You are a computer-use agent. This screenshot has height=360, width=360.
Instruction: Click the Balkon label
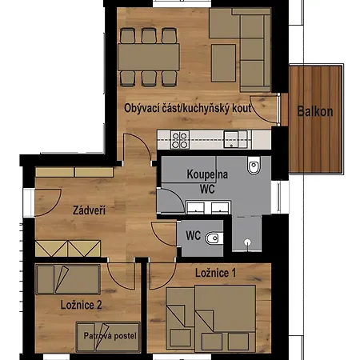(315, 111)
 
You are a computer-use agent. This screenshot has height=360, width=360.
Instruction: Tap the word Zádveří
(89, 210)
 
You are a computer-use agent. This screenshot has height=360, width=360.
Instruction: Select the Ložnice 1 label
(215, 273)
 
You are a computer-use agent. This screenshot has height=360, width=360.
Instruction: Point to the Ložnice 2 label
(81, 305)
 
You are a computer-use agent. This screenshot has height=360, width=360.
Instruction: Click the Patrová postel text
(110, 335)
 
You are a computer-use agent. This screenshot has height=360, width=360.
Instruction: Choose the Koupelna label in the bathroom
(207, 174)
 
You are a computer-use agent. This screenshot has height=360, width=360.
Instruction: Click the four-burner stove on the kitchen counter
(180, 140)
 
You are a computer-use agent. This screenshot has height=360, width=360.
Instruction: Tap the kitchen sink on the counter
(231, 139)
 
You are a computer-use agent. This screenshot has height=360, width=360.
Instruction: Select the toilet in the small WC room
(214, 238)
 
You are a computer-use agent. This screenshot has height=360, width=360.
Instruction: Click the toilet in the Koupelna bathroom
(254, 166)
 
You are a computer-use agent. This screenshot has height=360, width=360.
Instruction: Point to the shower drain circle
(248, 242)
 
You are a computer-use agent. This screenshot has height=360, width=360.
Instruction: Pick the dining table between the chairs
(149, 57)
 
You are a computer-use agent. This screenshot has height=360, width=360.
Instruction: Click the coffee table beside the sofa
(223, 63)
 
